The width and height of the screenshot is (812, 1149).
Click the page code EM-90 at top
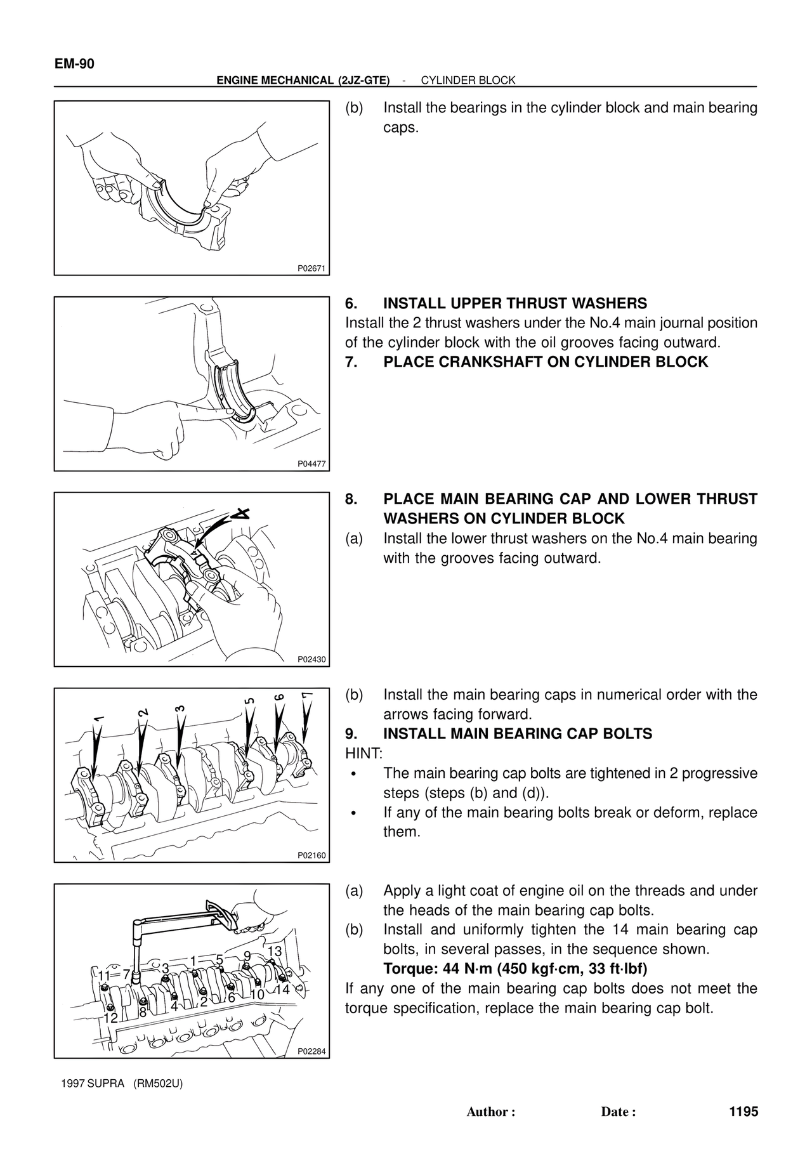pyautogui.click(x=74, y=63)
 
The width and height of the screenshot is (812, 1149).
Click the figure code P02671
pyautogui.click(x=311, y=268)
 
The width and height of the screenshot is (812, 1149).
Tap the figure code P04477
pyautogui.click(x=311, y=464)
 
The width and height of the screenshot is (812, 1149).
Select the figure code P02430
pyautogui.click(x=311, y=659)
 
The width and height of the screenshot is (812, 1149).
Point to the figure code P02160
pyautogui.click(x=311, y=855)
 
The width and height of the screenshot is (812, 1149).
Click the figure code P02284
pyautogui.click(x=311, y=1051)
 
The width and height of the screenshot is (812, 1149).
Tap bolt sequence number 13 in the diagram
pyautogui.click(x=275, y=951)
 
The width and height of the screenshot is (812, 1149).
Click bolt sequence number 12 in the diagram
pyautogui.click(x=111, y=1017)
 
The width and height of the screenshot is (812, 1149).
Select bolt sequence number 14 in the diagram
pyautogui.click(x=282, y=989)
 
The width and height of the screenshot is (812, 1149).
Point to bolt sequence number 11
pyautogui.click(x=105, y=975)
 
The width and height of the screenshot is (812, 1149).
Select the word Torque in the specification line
pyautogui.click(x=405, y=969)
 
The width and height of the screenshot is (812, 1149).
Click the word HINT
pyautogui.click(x=363, y=754)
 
